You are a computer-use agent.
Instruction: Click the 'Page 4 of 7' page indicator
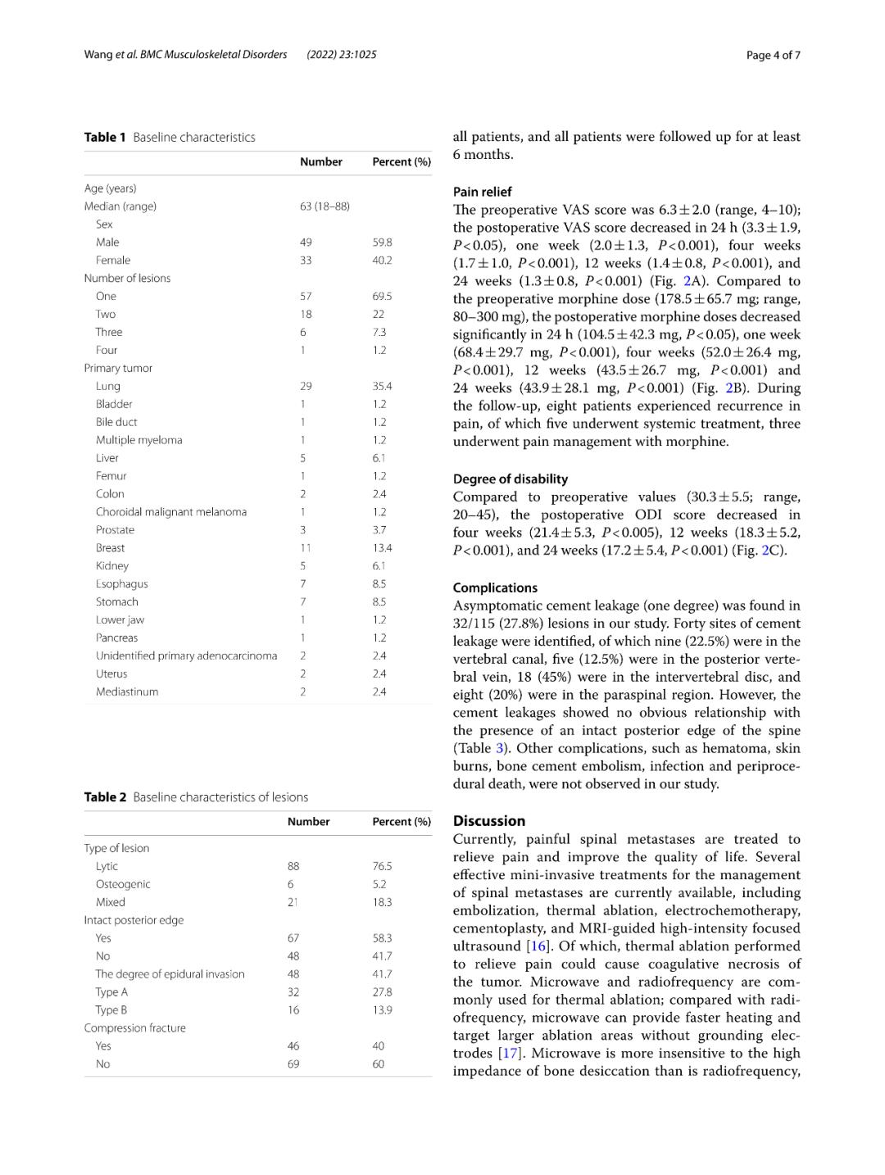pos(773,55)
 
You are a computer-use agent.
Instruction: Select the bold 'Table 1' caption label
pos(105,138)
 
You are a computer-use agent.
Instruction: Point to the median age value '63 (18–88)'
pos(324,206)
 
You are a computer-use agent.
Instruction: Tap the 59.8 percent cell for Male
pos(382,243)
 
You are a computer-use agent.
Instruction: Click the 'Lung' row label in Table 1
pos(108,387)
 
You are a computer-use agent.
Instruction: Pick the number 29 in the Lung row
pos(306,387)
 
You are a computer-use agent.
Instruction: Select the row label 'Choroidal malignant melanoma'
pos(171,512)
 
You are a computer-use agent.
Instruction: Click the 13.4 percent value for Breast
pos(382,548)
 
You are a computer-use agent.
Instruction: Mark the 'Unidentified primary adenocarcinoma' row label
pos(187,656)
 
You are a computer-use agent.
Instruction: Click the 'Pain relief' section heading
pos(483,192)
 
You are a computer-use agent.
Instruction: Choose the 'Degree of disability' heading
pos(511,479)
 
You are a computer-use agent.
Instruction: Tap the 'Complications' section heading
pos(495,588)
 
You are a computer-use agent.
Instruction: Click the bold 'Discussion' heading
pos(489,821)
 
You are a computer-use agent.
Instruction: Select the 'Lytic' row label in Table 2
pos(107,867)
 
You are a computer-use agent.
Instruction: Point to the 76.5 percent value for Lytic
pos(382,867)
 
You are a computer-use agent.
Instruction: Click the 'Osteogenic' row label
pos(123,885)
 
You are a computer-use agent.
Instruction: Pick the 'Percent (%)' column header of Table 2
pos(402,822)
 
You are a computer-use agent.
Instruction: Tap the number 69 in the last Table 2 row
pos(293,1064)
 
